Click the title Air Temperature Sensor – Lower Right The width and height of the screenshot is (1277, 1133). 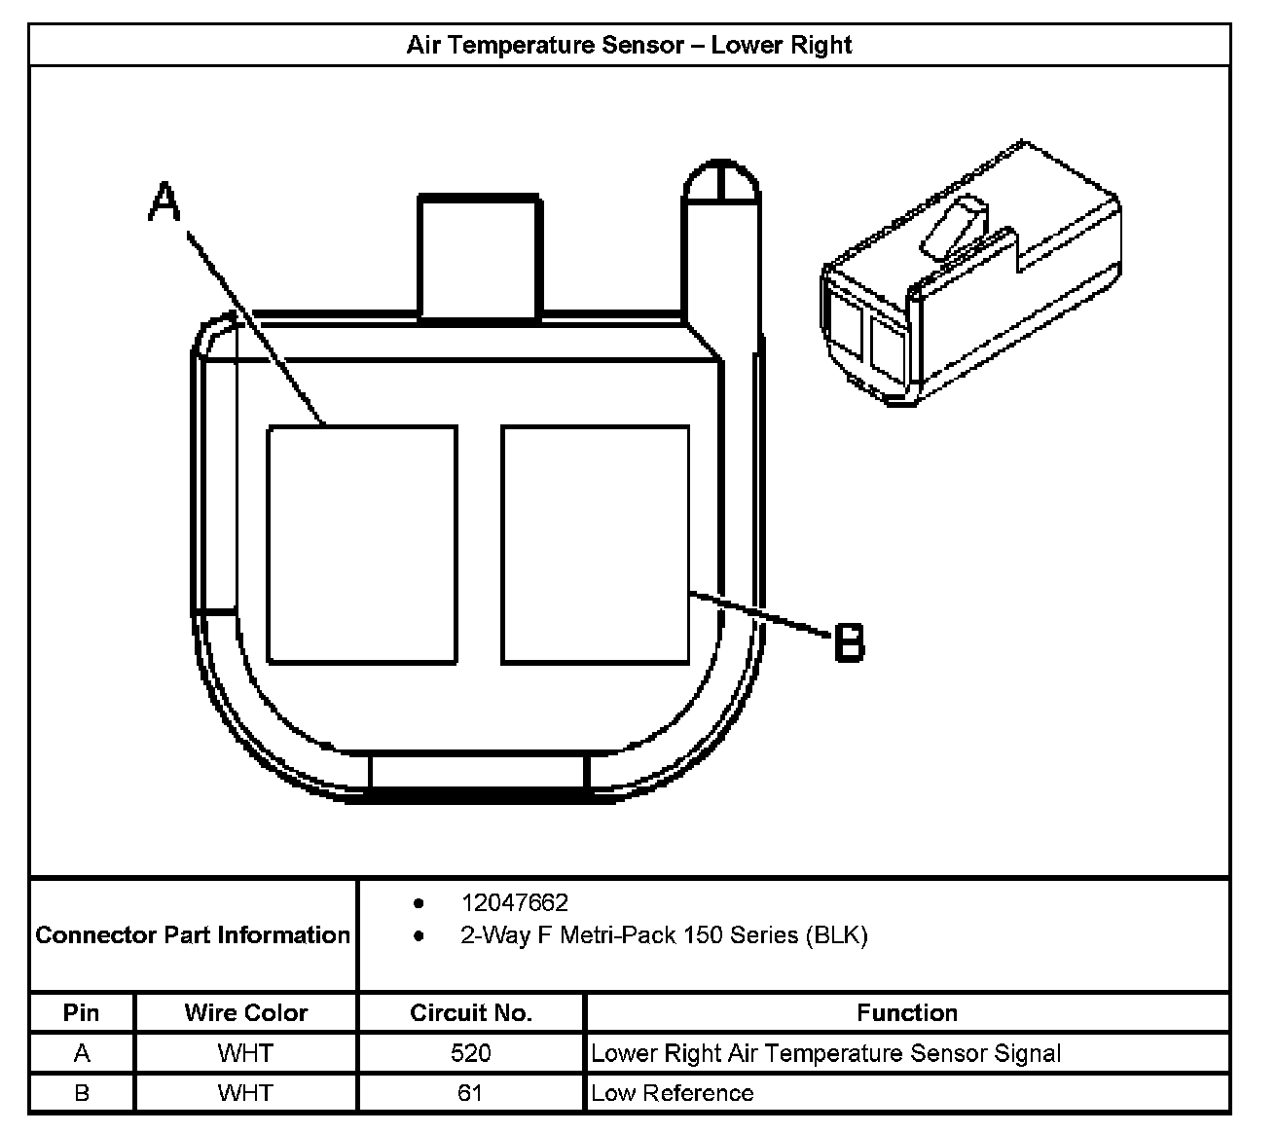click(629, 46)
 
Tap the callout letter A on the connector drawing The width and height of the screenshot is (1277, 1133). click(165, 203)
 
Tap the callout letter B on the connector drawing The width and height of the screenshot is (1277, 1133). click(849, 643)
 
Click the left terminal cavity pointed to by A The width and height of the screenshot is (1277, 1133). click(362, 545)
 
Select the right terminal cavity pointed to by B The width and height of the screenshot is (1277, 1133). click(595, 545)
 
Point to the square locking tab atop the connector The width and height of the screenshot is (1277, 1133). click(479, 257)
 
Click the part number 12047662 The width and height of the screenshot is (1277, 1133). click(514, 902)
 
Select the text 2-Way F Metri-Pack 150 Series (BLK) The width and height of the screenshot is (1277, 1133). click(664, 935)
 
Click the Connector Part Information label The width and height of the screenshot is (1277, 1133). click(193, 935)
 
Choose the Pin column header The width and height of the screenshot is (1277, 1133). click(81, 1013)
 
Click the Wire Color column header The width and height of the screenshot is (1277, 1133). click(245, 1013)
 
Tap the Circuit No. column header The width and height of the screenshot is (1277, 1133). click(471, 1013)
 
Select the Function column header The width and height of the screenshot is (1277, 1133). click(907, 1013)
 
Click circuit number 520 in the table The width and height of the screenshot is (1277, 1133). click(471, 1053)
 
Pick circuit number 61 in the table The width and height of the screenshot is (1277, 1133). click(471, 1093)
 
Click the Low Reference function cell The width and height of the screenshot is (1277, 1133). click(673, 1093)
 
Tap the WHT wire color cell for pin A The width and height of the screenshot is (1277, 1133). click(245, 1053)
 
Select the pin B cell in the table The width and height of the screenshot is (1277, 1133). click(81, 1093)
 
